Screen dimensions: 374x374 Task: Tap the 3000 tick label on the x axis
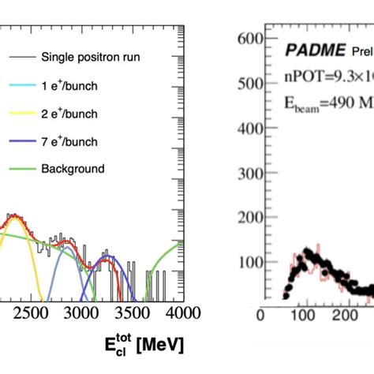point(83,313)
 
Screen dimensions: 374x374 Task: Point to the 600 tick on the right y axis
point(247,39)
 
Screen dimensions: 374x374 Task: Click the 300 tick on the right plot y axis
point(247,170)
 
